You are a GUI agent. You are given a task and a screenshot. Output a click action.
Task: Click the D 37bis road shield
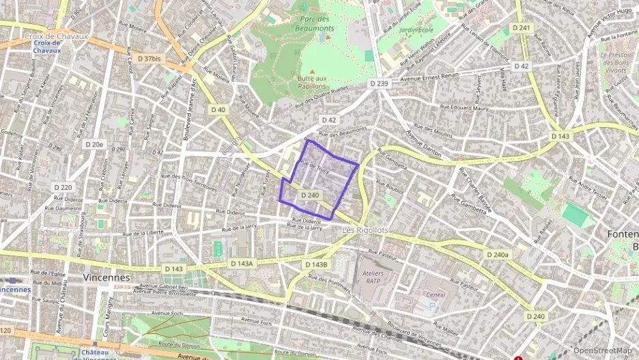click(149, 59)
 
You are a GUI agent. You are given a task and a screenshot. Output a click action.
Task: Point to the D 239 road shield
click(379, 83)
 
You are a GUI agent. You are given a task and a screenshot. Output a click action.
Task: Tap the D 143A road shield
click(242, 264)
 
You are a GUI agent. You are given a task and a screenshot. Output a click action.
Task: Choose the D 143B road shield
click(316, 264)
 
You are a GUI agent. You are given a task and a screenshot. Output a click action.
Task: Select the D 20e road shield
click(94, 144)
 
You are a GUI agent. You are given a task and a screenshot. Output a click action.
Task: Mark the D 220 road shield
click(63, 187)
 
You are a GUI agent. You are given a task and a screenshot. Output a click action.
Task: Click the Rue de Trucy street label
click(314, 167)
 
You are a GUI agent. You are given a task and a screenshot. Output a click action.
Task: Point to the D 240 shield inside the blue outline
click(309, 195)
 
